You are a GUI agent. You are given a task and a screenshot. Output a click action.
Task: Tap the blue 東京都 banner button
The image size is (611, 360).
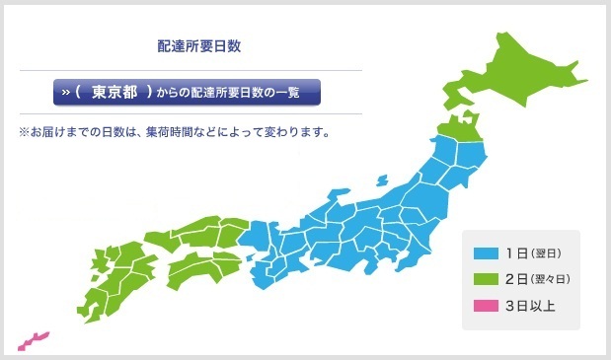click(189, 93)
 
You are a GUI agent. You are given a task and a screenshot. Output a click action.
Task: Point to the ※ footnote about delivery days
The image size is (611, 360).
click(173, 131)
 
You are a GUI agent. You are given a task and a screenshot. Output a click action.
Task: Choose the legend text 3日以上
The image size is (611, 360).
click(530, 306)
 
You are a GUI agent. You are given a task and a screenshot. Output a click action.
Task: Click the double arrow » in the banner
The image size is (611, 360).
click(66, 93)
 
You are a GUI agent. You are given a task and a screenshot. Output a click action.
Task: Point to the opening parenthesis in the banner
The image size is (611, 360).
click(78, 93)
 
